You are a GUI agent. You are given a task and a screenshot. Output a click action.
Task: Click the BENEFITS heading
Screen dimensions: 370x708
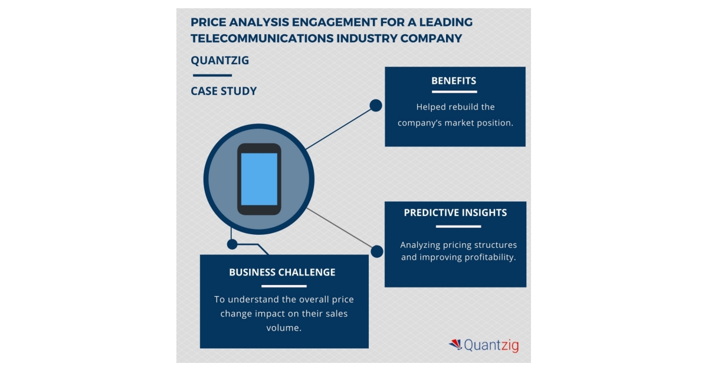pos(454,81)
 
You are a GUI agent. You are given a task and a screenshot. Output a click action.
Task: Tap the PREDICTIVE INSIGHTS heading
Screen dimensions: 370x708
pos(455,213)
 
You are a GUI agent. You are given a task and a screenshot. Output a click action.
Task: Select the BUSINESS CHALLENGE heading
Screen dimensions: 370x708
pos(282,273)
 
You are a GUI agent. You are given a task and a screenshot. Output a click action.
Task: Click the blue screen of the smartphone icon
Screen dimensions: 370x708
pos(259,179)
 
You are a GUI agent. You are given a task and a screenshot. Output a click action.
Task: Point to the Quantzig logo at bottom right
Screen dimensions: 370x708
pos(484,345)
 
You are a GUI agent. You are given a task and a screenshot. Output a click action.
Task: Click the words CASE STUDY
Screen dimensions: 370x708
pos(224,91)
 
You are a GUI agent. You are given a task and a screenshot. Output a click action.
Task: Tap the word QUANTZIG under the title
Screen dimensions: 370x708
pos(219,61)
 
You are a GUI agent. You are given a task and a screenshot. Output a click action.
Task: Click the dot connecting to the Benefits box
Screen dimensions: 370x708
pos(376,106)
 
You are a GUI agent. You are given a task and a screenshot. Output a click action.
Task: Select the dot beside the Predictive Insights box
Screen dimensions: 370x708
pos(377,251)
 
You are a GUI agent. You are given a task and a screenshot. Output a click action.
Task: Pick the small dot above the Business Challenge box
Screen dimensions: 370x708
pos(232,244)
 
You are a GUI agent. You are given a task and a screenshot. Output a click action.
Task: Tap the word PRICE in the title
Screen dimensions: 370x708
pos(207,23)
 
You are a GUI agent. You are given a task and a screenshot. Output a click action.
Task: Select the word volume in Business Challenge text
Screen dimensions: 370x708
pos(284,328)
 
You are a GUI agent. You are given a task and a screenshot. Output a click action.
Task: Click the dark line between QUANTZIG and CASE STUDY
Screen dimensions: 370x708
pos(212,76)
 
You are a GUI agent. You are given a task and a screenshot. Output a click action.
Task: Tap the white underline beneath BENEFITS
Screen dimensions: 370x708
pos(454,91)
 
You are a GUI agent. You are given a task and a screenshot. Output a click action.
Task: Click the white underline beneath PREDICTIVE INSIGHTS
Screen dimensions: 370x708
pos(455,226)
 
